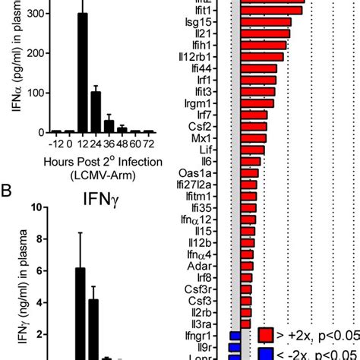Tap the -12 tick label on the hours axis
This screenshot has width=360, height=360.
point(54,144)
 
